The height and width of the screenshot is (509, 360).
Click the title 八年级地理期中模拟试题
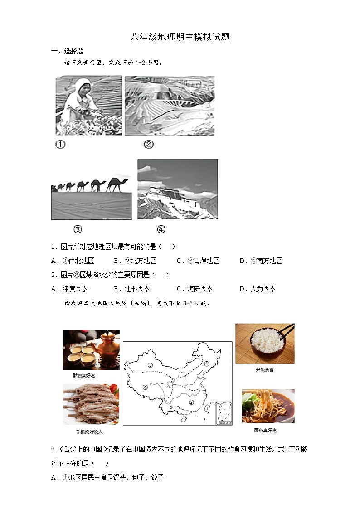tap(180, 37)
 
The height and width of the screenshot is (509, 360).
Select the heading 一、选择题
tap(67, 51)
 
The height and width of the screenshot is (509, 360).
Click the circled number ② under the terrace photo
tap(148, 145)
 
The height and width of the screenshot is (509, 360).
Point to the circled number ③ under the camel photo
tap(78, 229)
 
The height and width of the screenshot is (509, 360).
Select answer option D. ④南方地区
tap(261, 261)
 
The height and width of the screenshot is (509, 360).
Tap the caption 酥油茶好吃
tap(83, 376)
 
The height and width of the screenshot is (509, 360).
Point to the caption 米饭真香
tap(265, 370)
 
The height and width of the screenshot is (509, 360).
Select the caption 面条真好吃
tap(265, 430)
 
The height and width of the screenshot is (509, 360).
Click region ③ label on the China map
tap(150, 365)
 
